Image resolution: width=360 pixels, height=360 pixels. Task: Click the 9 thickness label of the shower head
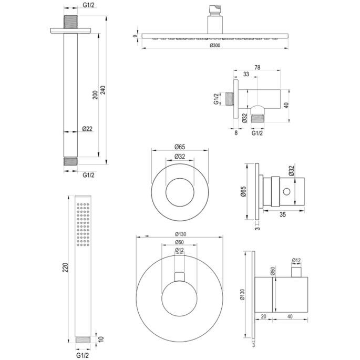[x=135, y=36]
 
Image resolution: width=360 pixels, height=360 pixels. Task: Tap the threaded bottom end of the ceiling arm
[x=71, y=161]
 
